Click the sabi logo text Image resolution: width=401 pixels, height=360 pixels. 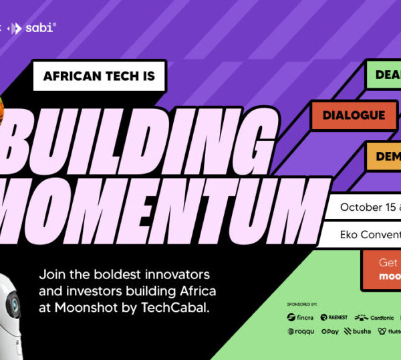tap(42, 28)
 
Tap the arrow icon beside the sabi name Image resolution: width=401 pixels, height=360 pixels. tap(19, 28)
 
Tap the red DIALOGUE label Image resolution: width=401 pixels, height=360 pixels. tap(353, 115)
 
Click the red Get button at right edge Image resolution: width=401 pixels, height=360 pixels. tap(381, 269)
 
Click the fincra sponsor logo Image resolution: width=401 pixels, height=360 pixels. tap(300, 317)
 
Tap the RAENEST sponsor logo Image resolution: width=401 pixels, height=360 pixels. tap(333, 317)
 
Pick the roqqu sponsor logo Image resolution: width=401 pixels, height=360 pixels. tap(301, 331)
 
